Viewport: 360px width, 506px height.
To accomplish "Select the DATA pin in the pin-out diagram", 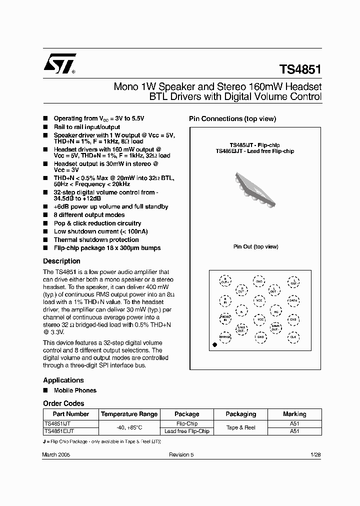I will tap(293, 301).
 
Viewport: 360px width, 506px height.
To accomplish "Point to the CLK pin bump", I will tap(293, 337).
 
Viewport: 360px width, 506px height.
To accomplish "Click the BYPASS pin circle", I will tap(225, 337).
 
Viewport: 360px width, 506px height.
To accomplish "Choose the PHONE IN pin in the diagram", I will tap(225, 318).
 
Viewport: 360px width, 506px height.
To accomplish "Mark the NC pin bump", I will tap(275, 310).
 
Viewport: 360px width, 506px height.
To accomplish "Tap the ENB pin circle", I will tap(293, 319).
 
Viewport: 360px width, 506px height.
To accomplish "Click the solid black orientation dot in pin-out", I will tap(215, 344).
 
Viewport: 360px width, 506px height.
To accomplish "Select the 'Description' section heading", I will tap(61, 261).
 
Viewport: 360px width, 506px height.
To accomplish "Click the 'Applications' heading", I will tap(63, 380).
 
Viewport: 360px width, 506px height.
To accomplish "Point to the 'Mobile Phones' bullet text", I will tap(75, 390).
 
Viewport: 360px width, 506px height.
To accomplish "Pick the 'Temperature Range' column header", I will tap(129, 414).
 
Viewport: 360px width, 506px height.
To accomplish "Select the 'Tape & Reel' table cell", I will tap(240, 427).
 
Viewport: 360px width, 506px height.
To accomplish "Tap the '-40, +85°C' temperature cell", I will tap(129, 427).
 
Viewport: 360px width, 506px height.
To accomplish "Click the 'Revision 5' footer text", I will tap(181, 454).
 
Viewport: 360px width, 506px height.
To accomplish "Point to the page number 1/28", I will tap(315, 454).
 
